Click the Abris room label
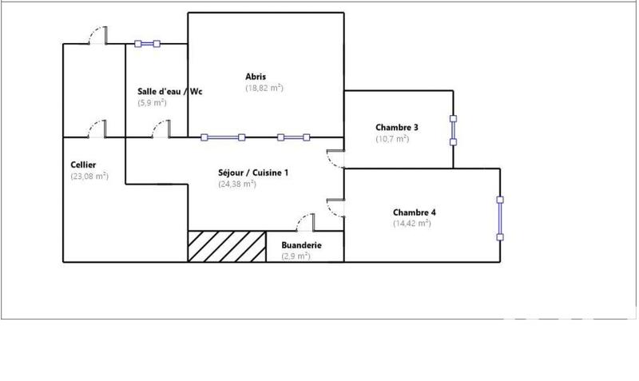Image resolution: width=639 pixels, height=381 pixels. pos(256,77)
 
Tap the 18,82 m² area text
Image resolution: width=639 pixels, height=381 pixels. pos(264,88)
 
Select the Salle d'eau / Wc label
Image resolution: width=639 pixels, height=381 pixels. pos(170,91)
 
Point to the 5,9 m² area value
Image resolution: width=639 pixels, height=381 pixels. pos(152,102)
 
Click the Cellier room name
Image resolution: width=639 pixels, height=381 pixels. pos(83,165)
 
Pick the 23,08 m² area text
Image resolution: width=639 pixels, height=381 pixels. pos(89,176)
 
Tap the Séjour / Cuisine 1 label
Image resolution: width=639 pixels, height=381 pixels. pos(254,172)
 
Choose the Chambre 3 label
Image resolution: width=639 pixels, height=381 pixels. pos(397,127)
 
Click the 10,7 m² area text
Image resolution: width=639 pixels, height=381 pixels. pos(392,138)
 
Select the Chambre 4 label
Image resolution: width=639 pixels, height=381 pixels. pos(414,212)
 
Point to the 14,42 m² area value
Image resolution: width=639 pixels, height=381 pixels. pos(411,224)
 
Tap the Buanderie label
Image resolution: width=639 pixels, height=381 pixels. pos(301,245)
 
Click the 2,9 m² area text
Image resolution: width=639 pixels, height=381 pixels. pos(295,256)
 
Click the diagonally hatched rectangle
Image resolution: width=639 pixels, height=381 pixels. pos(227,246)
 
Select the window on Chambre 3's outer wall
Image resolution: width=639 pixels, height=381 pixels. pos(453,131)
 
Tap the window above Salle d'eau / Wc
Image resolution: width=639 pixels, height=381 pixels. pos(148,44)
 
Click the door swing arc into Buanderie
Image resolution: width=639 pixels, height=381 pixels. pos(306,222)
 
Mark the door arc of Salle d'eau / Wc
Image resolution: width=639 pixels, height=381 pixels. pos(161,128)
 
